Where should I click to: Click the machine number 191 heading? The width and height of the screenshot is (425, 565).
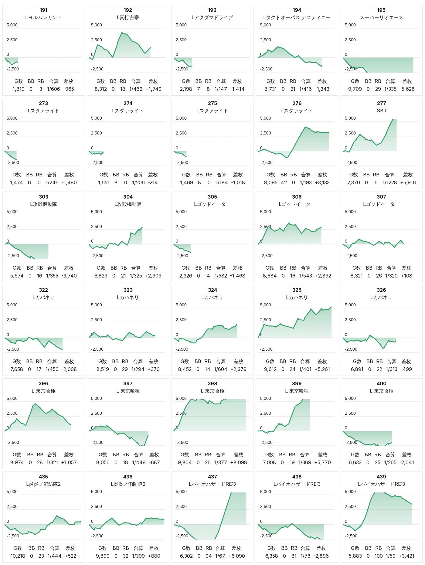pyautogui.click(x=43, y=10)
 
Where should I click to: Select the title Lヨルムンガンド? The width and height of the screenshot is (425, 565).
pyautogui.click(x=43, y=18)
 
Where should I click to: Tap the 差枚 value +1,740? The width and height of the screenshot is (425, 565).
pyautogui.click(x=153, y=89)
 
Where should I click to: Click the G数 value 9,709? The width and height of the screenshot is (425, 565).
pyautogui.click(x=355, y=89)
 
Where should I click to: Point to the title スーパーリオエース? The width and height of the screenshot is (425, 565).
pyautogui.click(x=381, y=18)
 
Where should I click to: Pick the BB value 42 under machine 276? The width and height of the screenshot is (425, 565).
pyautogui.click(x=284, y=182)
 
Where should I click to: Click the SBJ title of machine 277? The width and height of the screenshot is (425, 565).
pyautogui.click(x=381, y=111)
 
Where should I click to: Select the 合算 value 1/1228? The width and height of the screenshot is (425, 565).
pyautogui.click(x=389, y=182)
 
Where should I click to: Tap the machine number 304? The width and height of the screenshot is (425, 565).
pyautogui.click(x=128, y=197)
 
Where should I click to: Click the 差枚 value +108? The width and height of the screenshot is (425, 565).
pyautogui.click(x=406, y=276)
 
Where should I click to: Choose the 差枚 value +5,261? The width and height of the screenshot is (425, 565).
pyautogui.click(x=322, y=369)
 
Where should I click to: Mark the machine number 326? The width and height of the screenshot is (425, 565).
pyautogui.click(x=381, y=290)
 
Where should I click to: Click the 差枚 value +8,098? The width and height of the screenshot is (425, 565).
pyautogui.click(x=239, y=462)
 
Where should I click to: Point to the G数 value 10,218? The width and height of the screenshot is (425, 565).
pyautogui.click(x=18, y=556)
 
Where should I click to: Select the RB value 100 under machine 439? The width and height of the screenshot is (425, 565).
pyautogui.click(x=378, y=556)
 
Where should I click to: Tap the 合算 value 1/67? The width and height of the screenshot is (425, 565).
pyautogui.click(x=220, y=556)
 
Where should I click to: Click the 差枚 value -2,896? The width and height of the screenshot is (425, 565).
pyautogui.click(x=321, y=556)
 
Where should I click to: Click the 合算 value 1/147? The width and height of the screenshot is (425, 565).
pyautogui.click(x=221, y=89)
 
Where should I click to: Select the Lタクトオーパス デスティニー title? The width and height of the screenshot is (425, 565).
pyautogui.click(x=297, y=18)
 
